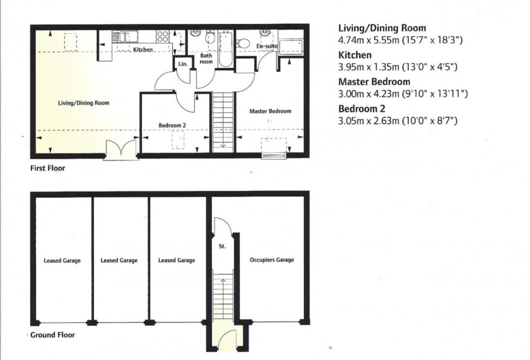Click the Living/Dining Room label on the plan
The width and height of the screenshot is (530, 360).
click(x=83, y=103)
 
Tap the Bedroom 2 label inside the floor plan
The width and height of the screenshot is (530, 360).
click(x=173, y=125)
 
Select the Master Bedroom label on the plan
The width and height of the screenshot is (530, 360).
click(x=270, y=111)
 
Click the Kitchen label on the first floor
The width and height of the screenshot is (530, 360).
click(x=143, y=50)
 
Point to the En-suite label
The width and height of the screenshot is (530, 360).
click(x=267, y=46)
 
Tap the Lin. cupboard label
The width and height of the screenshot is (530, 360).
click(x=183, y=64)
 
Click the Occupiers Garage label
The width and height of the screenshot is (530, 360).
click(x=271, y=259)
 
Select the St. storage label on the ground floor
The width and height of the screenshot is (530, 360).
click(x=222, y=246)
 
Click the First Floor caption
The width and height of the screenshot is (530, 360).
click(x=48, y=168)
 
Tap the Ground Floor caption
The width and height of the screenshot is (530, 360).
click(x=53, y=335)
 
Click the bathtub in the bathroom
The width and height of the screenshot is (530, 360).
click(x=226, y=49)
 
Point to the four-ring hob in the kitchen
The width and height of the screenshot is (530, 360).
click(x=163, y=36)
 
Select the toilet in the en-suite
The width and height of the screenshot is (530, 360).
click(x=243, y=43)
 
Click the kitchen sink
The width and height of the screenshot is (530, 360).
click(x=125, y=36)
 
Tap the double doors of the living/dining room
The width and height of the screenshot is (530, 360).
click(x=121, y=150)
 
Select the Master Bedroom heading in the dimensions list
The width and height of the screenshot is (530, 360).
click(x=374, y=82)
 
